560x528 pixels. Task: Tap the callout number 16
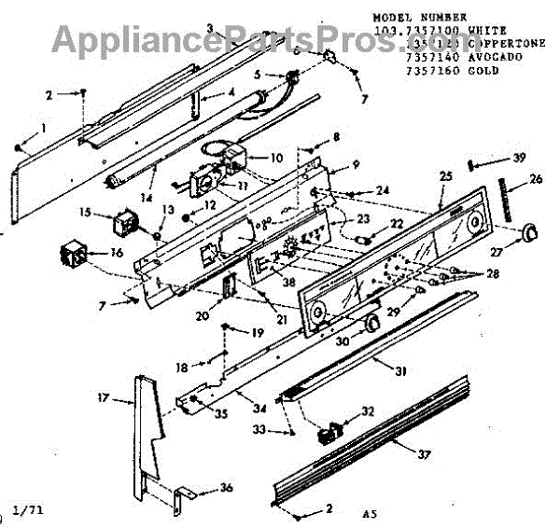[x=116, y=252]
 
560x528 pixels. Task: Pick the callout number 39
[x=519, y=158]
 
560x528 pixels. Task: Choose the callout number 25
[x=444, y=176]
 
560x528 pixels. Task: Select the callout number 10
[x=276, y=157]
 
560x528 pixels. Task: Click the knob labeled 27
[x=529, y=231]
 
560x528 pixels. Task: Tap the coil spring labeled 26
[x=508, y=198]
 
